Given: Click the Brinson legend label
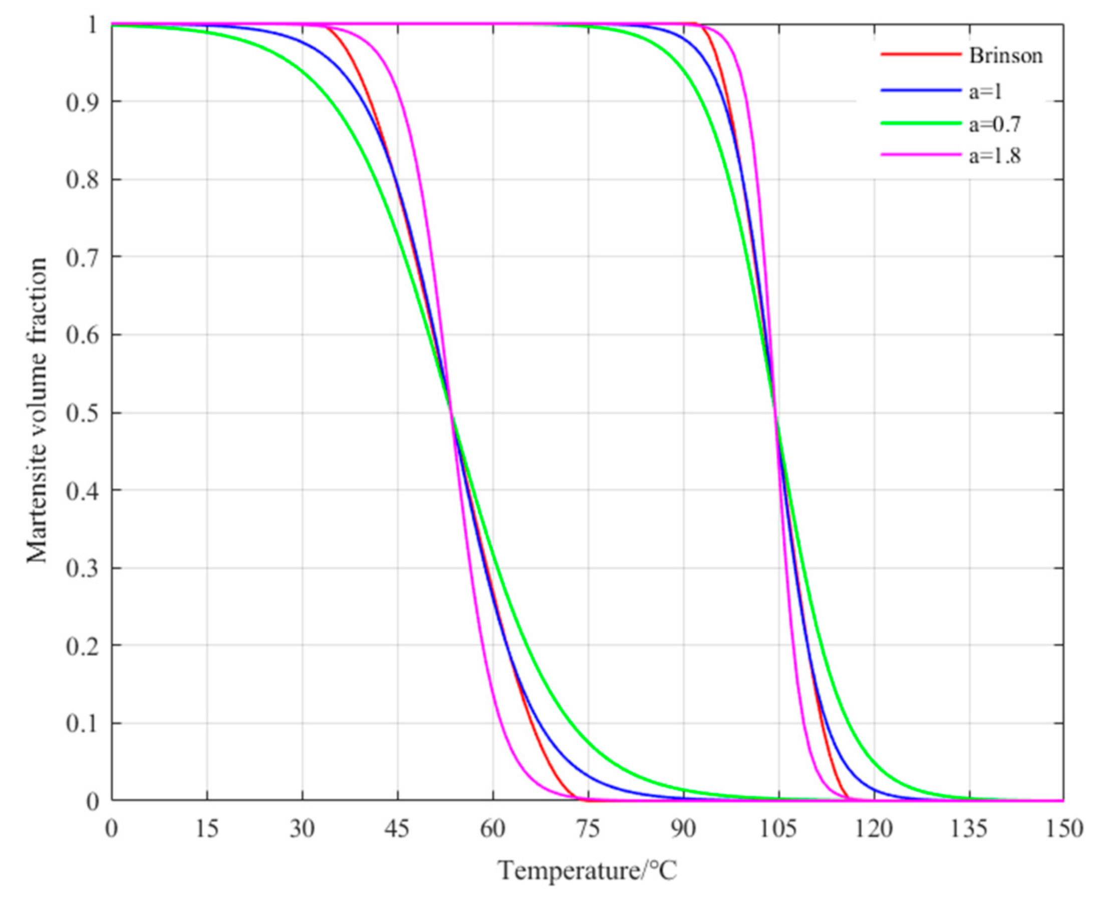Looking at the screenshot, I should [1006, 56].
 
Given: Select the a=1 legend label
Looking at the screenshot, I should [985, 91].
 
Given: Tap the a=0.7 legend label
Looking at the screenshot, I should [994, 124].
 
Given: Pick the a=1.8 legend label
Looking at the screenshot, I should [994, 156].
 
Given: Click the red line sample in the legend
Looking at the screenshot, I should [921, 55].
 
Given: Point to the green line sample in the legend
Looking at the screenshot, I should [921, 123].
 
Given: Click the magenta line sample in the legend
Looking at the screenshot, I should [921, 155].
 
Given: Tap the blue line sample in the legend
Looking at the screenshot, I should [921, 91].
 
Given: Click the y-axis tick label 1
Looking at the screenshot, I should [93, 25].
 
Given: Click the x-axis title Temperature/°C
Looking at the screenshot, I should [587, 871].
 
